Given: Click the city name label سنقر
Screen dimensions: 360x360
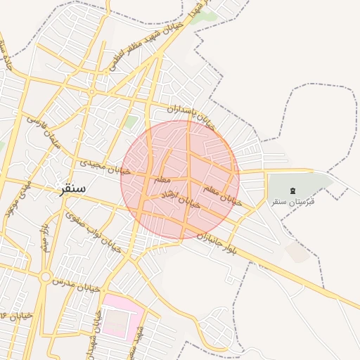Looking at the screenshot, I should point(72,188).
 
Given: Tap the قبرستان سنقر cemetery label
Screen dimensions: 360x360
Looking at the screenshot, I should point(294,202).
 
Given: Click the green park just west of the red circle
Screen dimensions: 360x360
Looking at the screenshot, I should point(131,122).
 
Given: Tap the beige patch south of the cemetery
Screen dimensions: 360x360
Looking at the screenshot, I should point(298,252).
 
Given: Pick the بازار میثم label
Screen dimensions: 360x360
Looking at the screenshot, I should point(44,236).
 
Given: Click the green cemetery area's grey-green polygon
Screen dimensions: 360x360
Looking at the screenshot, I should point(309,184).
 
